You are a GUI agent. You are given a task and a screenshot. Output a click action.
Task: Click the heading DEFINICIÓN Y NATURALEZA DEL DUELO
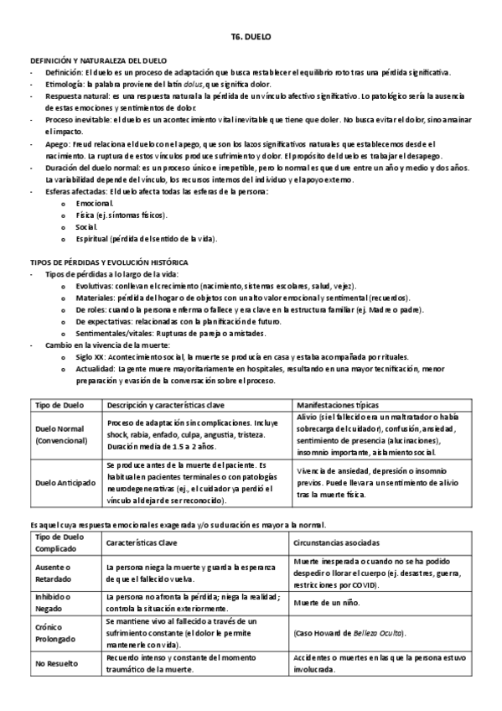point(98,61)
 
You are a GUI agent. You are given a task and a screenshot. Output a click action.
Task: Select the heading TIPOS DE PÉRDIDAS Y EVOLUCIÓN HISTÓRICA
point(109,262)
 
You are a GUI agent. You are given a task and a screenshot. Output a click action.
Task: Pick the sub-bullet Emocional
point(94,203)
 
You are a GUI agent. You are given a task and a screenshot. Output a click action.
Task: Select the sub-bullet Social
point(85,226)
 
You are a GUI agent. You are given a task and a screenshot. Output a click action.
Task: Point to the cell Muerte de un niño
point(328,601)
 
